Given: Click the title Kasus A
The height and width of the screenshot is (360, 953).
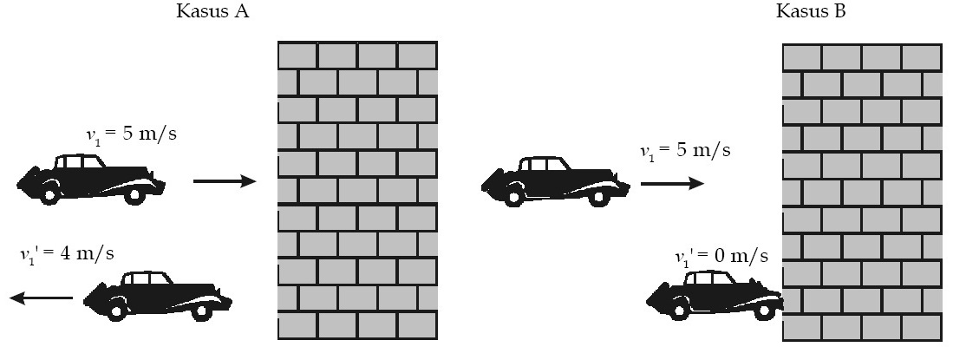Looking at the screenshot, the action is point(212,11).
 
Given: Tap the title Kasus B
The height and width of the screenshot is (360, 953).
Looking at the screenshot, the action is point(811,11).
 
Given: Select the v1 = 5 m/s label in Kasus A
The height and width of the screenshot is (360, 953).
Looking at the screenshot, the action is point(131,134).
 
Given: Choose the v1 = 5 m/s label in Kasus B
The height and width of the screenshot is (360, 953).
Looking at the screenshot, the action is point(685,150).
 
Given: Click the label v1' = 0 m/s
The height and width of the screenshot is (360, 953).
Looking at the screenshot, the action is point(721,256).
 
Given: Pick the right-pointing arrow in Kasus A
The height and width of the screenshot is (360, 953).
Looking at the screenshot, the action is point(225,180).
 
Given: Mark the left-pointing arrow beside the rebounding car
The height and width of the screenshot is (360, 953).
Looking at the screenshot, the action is point(42,298).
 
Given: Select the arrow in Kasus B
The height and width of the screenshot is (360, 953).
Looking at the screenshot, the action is point(672,183).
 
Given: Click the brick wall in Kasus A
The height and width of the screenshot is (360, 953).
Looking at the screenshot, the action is point(357,190).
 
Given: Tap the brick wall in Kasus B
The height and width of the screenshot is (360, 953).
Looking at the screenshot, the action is point(862,193).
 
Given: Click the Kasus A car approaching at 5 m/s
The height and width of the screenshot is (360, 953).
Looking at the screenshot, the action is point(91,179).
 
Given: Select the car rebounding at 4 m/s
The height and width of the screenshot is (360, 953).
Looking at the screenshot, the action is point(158,296).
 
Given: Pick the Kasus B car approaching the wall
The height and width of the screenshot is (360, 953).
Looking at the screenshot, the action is point(556,181).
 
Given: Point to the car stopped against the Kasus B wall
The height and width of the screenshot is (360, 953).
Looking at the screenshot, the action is point(715,295).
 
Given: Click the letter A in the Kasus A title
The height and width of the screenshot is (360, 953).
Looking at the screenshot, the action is point(241,11).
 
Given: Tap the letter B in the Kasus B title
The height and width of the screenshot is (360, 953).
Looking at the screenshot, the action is point(839,11).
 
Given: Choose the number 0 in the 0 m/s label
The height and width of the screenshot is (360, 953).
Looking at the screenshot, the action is point(721,255).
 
